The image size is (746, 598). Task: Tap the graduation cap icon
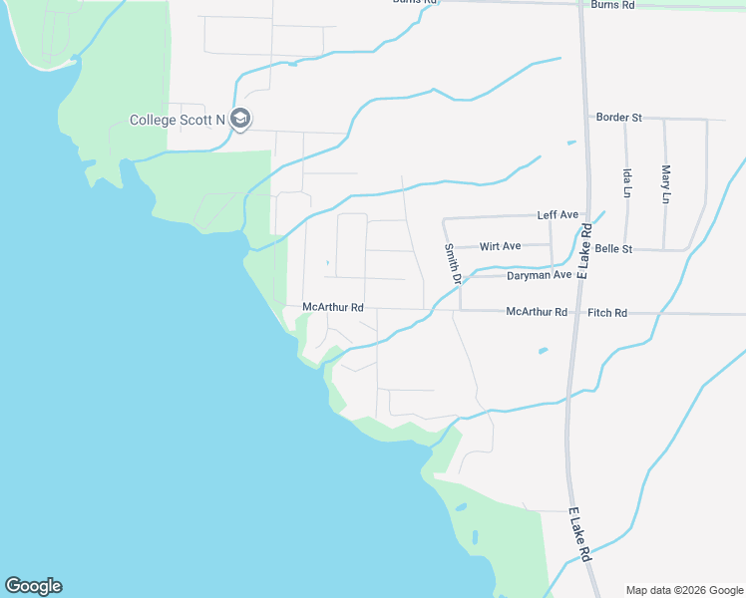tap(239, 120)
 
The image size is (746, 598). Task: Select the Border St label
tap(618, 118)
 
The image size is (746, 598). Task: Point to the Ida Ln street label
tap(627, 181)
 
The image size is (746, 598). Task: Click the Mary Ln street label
tap(665, 184)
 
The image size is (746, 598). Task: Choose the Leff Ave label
tap(558, 215)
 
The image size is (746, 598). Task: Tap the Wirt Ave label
tap(500, 246)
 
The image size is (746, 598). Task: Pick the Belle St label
tap(613, 248)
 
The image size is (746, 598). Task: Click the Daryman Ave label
tap(539, 275)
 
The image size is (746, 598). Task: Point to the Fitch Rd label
tap(607, 313)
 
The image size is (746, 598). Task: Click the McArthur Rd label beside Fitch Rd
tap(537, 312)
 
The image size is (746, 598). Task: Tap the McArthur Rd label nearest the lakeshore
tap(333, 308)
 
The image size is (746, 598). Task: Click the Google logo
tap(33, 586)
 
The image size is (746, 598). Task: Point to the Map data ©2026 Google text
tap(684, 590)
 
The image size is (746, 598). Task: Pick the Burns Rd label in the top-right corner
tap(612, 5)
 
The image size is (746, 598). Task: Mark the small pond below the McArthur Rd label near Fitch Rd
tap(542, 351)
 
